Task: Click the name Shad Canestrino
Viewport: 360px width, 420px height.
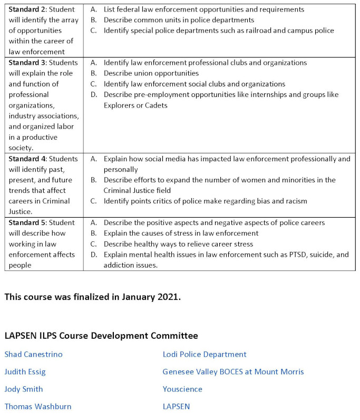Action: click(33, 354)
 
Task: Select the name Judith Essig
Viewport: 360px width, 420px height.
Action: click(25, 372)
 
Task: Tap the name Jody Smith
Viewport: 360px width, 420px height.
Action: click(24, 389)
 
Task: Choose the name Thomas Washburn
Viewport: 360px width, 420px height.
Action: click(38, 406)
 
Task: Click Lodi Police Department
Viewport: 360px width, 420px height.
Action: click(205, 354)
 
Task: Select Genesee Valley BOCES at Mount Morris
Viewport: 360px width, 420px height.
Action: click(233, 372)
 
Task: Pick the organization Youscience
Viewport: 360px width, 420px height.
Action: click(182, 389)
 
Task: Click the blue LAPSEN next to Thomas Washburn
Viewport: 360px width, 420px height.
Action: click(176, 406)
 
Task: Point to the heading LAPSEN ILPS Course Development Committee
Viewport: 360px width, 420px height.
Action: click(101, 336)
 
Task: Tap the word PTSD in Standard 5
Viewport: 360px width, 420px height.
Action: click(284, 255)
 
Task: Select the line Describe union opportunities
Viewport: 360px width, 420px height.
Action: click(151, 73)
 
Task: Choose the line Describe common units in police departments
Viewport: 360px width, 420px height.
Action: click(179, 20)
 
